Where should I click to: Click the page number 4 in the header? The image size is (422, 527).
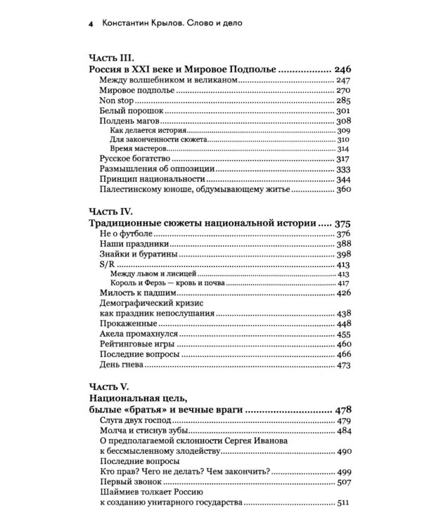pyautogui.click(x=82, y=25)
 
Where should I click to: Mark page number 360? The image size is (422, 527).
pyautogui.click(x=343, y=189)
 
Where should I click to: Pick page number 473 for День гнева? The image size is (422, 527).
pyautogui.click(x=343, y=365)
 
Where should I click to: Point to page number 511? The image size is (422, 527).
pyautogui.click(x=343, y=503)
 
